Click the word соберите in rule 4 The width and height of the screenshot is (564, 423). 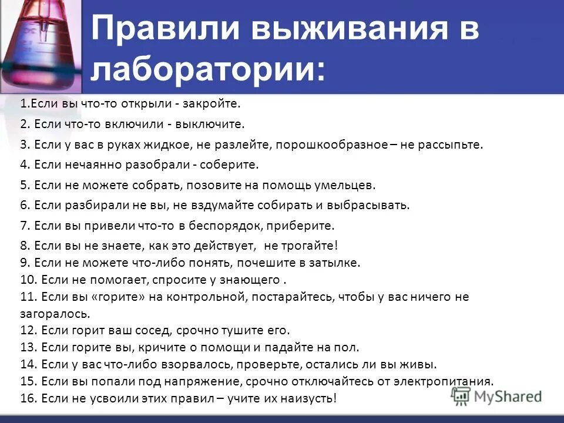[x=234, y=165]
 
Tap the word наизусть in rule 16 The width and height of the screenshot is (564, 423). [x=309, y=398]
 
